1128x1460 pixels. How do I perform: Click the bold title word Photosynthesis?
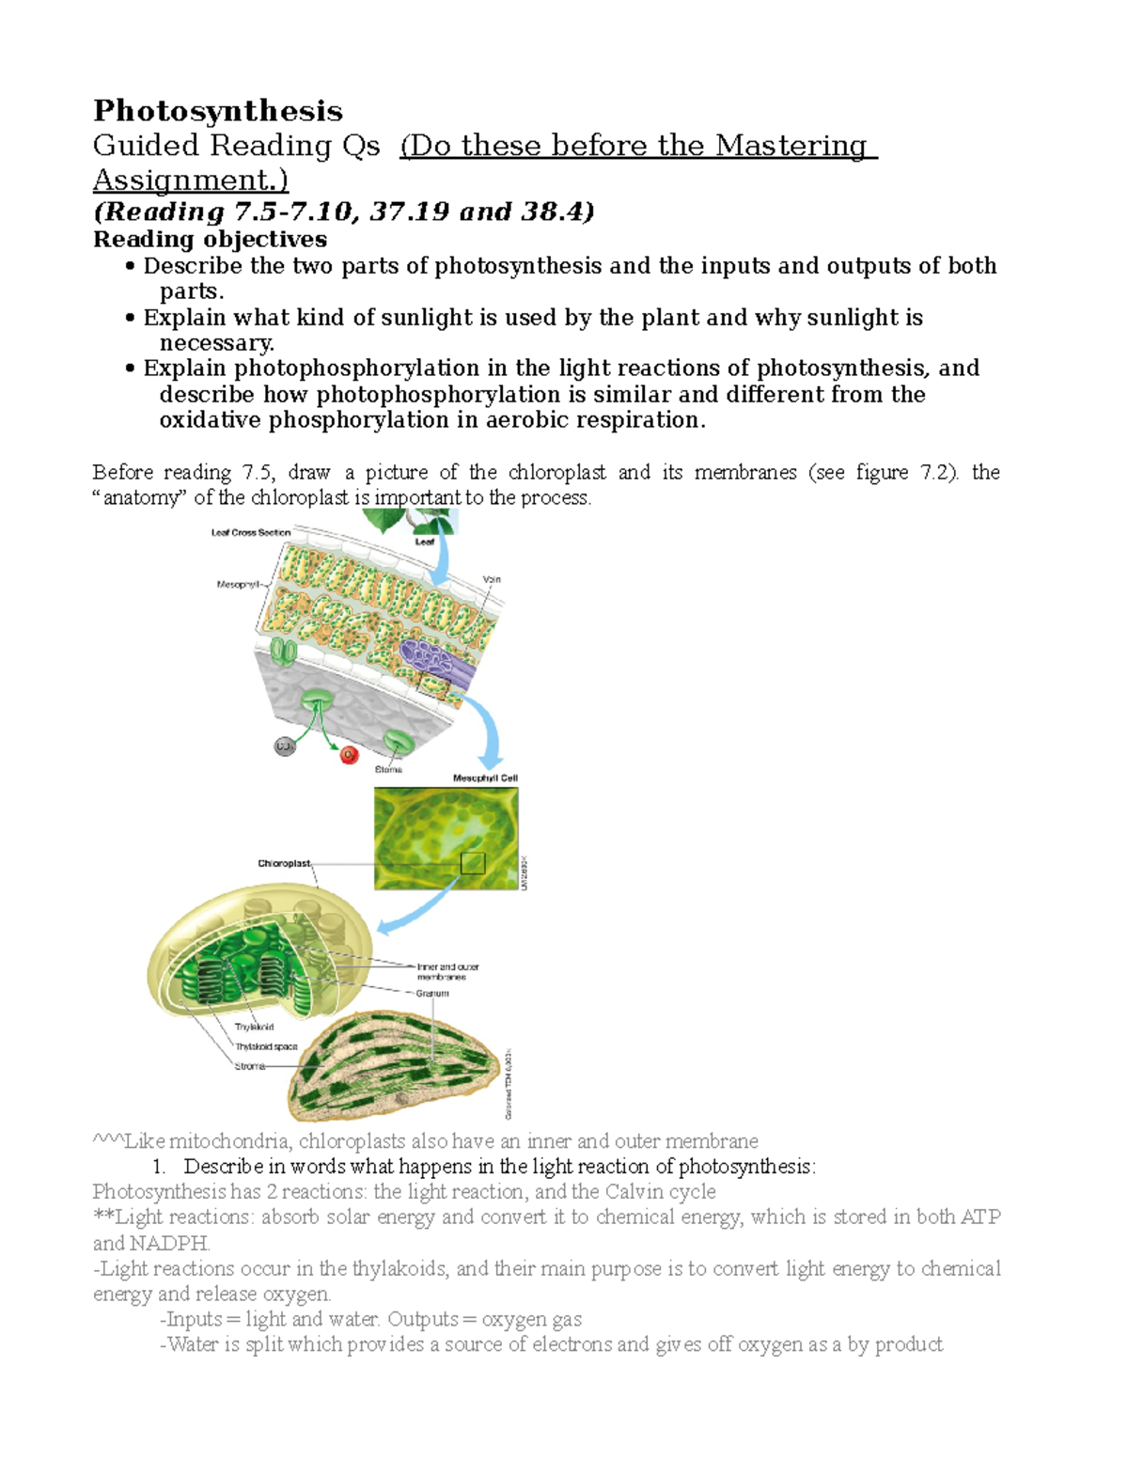[217, 111]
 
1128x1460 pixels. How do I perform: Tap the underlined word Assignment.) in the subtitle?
[191, 180]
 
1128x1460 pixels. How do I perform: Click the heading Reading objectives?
[210, 239]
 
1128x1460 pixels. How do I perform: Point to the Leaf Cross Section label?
[251, 532]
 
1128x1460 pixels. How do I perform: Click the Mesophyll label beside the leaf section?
[238, 585]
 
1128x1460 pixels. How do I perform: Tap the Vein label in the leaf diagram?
[492, 579]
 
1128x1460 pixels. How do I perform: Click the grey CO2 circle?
[285, 746]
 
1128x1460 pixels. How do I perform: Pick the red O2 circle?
[350, 754]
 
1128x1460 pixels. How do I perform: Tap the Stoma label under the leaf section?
[388, 769]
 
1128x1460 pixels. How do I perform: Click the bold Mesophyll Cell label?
[485, 778]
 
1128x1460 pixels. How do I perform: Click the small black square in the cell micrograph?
[473, 863]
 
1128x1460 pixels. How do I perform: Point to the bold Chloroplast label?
[284, 863]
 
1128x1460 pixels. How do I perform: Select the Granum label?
[432, 993]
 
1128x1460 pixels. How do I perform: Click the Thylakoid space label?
[266, 1046]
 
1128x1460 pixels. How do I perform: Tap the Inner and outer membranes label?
[447, 971]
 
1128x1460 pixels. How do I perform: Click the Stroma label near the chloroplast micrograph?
[249, 1066]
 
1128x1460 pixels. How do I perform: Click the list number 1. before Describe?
[158, 1167]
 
